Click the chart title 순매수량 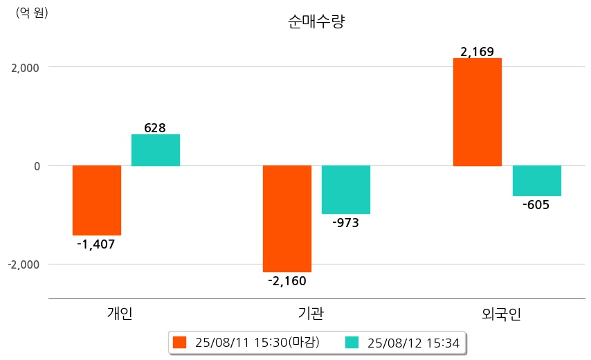[316, 21]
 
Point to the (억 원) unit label [32, 12]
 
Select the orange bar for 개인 [97, 200]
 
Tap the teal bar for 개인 [156, 150]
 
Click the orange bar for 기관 [287, 219]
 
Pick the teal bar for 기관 [346, 190]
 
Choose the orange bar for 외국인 [477, 112]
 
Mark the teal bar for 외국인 [536, 181]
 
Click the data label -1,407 [96, 244]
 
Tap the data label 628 [155, 127]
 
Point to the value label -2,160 [287, 280]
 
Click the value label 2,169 [477, 51]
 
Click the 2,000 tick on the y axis [24, 68]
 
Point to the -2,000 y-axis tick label [22, 264]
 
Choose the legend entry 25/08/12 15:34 [408, 343]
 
